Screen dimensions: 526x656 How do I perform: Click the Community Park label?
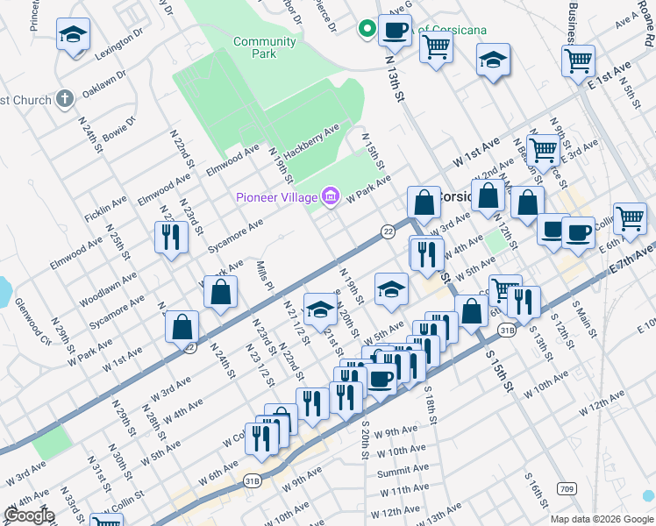264,47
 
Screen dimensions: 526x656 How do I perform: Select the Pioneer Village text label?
276,196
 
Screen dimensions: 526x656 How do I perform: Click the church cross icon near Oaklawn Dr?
64,99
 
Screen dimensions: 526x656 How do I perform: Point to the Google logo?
29,515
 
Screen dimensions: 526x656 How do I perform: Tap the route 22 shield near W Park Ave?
387,231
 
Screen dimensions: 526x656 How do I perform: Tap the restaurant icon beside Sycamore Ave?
170,237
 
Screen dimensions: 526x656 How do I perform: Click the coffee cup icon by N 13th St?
394,30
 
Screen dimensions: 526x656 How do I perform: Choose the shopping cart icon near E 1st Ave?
578,61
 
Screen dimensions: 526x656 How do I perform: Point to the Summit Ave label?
403,472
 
